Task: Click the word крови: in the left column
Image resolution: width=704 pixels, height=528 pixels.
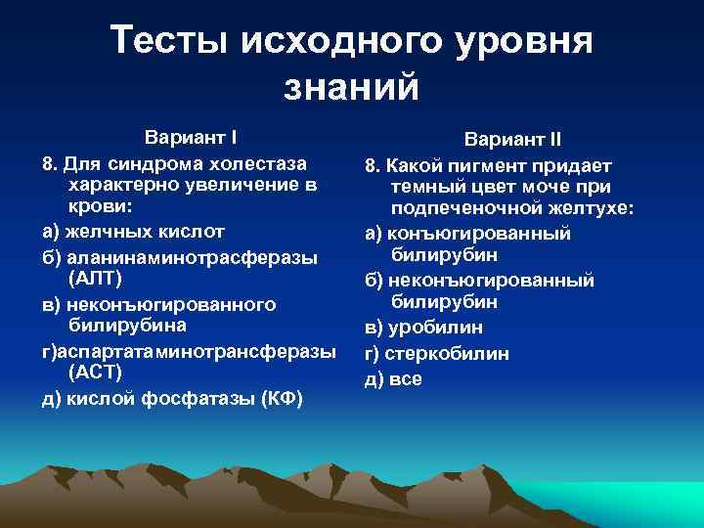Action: [101, 207]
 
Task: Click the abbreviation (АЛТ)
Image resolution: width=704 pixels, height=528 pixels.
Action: [96, 279]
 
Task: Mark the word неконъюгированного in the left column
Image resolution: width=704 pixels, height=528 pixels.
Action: [172, 304]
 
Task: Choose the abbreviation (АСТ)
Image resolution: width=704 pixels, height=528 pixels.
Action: [96, 373]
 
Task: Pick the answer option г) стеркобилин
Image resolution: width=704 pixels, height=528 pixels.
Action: [437, 353]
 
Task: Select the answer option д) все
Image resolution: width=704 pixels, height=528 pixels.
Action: [393, 377]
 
